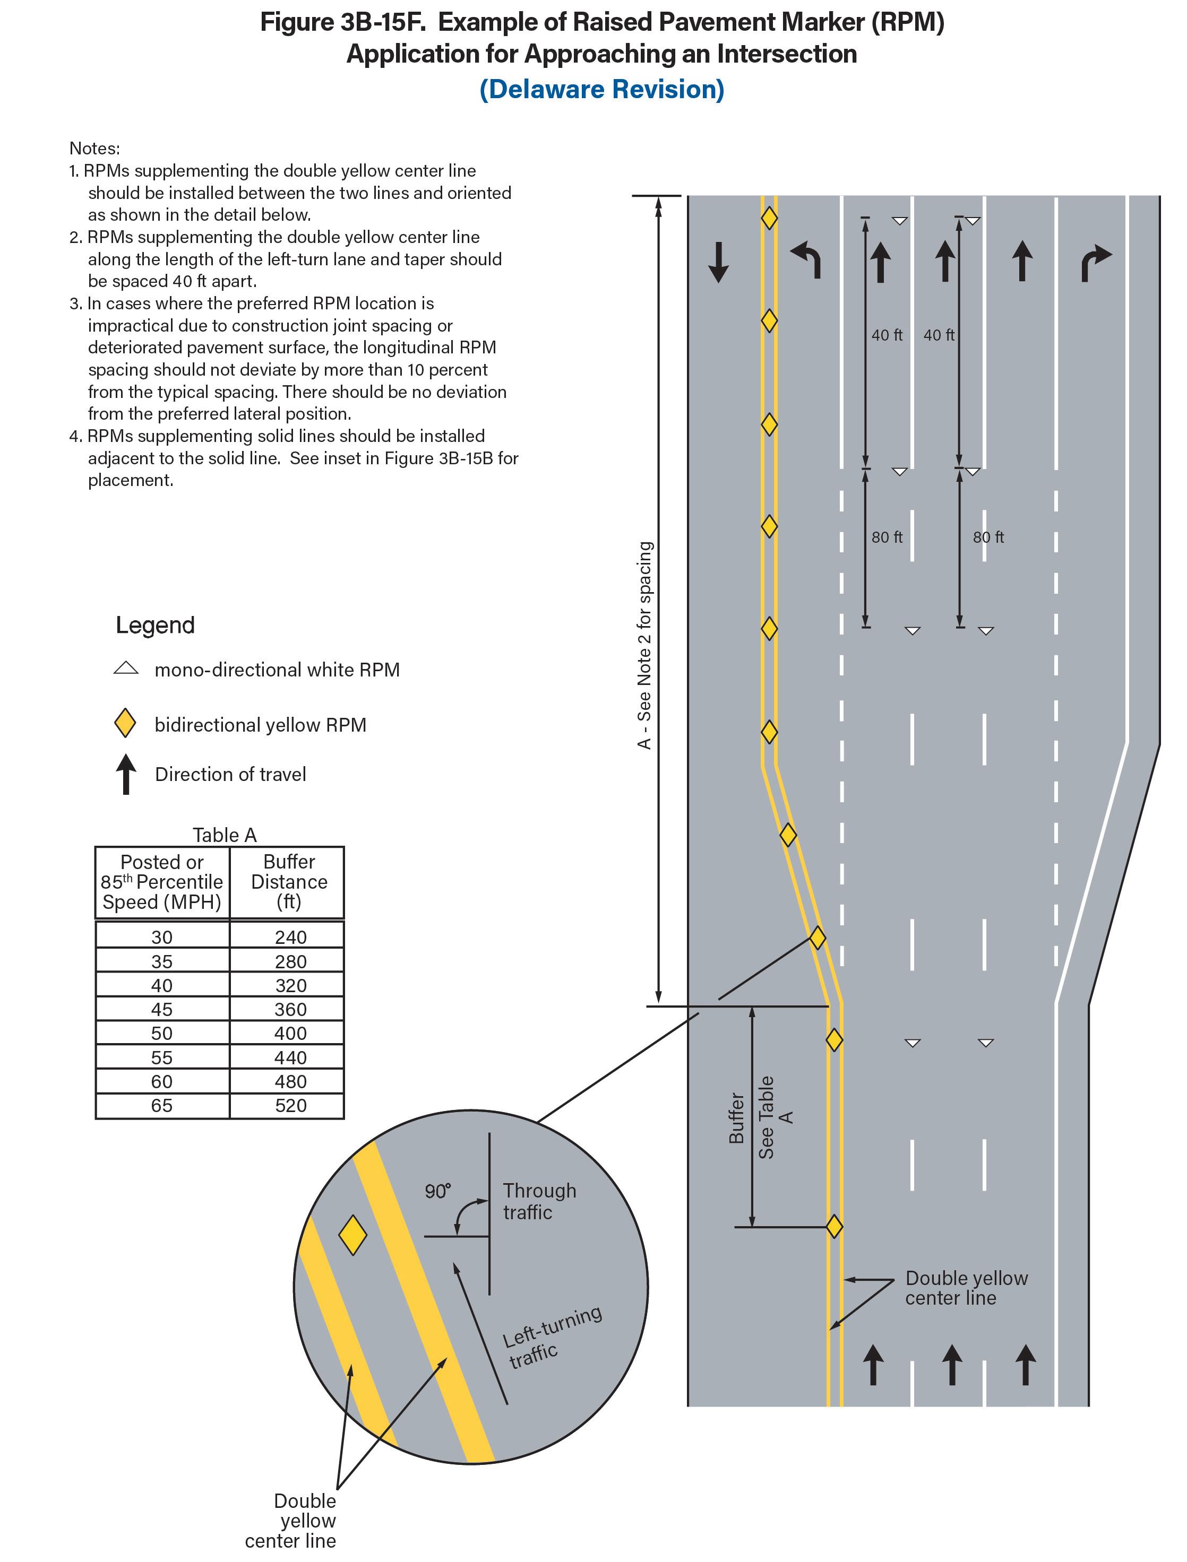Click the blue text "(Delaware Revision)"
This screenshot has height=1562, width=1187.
click(601, 90)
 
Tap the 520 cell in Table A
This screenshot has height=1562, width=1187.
click(290, 1105)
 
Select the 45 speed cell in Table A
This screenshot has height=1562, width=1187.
click(162, 1009)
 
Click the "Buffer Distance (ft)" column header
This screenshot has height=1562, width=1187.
click(289, 881)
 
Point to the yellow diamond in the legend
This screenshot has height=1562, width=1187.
click(125, 724)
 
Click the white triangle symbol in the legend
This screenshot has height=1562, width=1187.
click(126, 668)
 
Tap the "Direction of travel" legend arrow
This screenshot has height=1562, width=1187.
click(126, 774)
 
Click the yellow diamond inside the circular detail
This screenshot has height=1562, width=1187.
click(352, 1235)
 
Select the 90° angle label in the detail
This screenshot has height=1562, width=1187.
click(437, 1191)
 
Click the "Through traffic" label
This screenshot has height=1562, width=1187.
click(539, 1201)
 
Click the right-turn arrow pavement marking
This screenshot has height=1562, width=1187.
click(1096, 263)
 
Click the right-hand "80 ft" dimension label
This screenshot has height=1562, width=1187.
click(988, 537)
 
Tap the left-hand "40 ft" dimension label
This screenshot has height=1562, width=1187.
click(887, 335)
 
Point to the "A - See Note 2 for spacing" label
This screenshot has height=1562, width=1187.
click(644, 645)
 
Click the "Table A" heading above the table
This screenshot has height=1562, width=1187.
click(225, 835)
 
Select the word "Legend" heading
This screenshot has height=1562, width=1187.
click(156, 625)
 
